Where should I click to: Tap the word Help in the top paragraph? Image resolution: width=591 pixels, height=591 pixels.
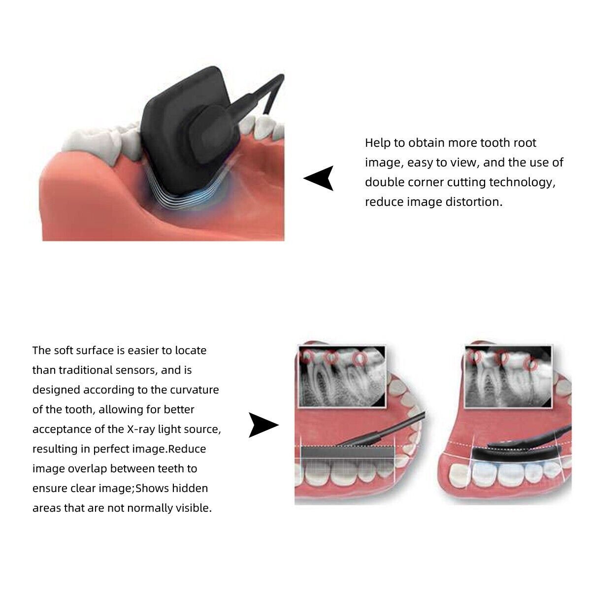pos(377,143)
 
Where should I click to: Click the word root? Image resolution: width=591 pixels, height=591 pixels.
pos(525,143)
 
